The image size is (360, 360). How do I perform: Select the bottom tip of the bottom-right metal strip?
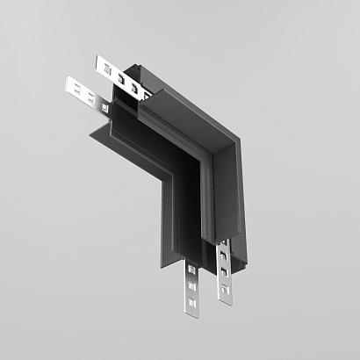pyautogui.click(x=226, y=301)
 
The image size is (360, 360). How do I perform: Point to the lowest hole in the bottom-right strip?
pyautogui.click(x=226, y=290)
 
